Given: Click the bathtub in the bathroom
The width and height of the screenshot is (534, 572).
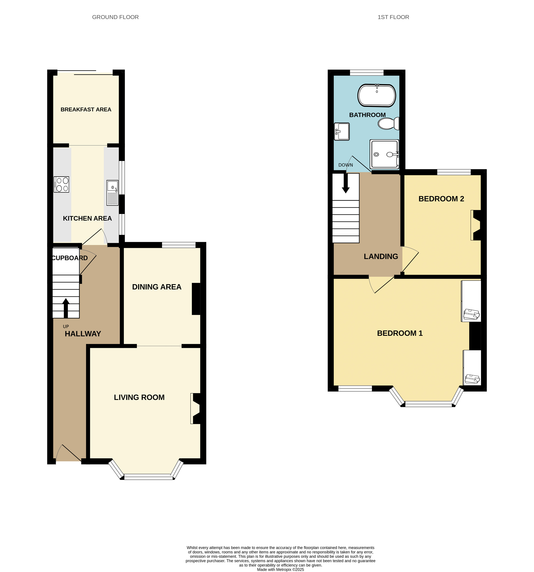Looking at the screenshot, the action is click(x=376, y=95).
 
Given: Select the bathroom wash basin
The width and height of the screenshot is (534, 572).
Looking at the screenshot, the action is click(x=342, y=132).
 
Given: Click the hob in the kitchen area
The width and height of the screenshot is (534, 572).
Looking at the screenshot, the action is click(x=61, y=184).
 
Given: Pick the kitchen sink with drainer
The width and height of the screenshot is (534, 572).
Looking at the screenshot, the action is click(x=112, y=193).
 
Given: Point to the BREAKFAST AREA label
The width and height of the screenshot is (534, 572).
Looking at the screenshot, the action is click(x=86, y=109).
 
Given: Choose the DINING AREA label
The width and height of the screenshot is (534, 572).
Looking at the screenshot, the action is click(x=157, y=287).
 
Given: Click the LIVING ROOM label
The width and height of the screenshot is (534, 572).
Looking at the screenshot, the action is click(x=139, y=397).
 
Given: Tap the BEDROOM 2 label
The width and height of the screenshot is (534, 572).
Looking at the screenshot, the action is click(x=441, y=199).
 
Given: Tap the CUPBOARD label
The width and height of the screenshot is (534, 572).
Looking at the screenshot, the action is click(x=70, y=258).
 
